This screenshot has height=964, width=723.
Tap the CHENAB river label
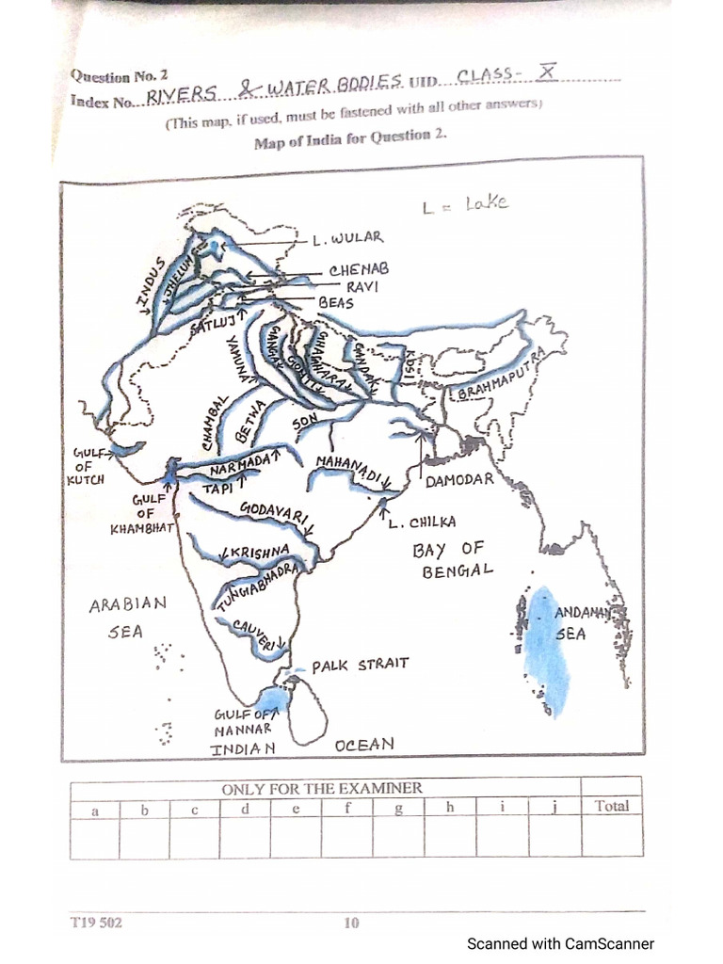(359, 270)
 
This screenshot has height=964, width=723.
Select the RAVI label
(362, 286)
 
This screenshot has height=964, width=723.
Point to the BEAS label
(336, 303)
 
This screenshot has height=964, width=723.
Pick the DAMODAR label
(459, 480)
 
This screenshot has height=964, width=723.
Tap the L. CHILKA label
(422, 522)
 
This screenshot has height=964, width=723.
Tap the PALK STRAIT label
(361, 665)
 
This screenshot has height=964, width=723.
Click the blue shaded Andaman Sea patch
(544, 650)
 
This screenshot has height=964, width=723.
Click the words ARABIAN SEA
(127, 618)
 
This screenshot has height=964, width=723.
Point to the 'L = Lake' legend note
(465, 203)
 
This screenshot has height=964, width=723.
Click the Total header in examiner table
(611, 807)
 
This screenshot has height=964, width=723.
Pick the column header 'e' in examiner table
(296, 809)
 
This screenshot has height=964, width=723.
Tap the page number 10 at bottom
(351, 924)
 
